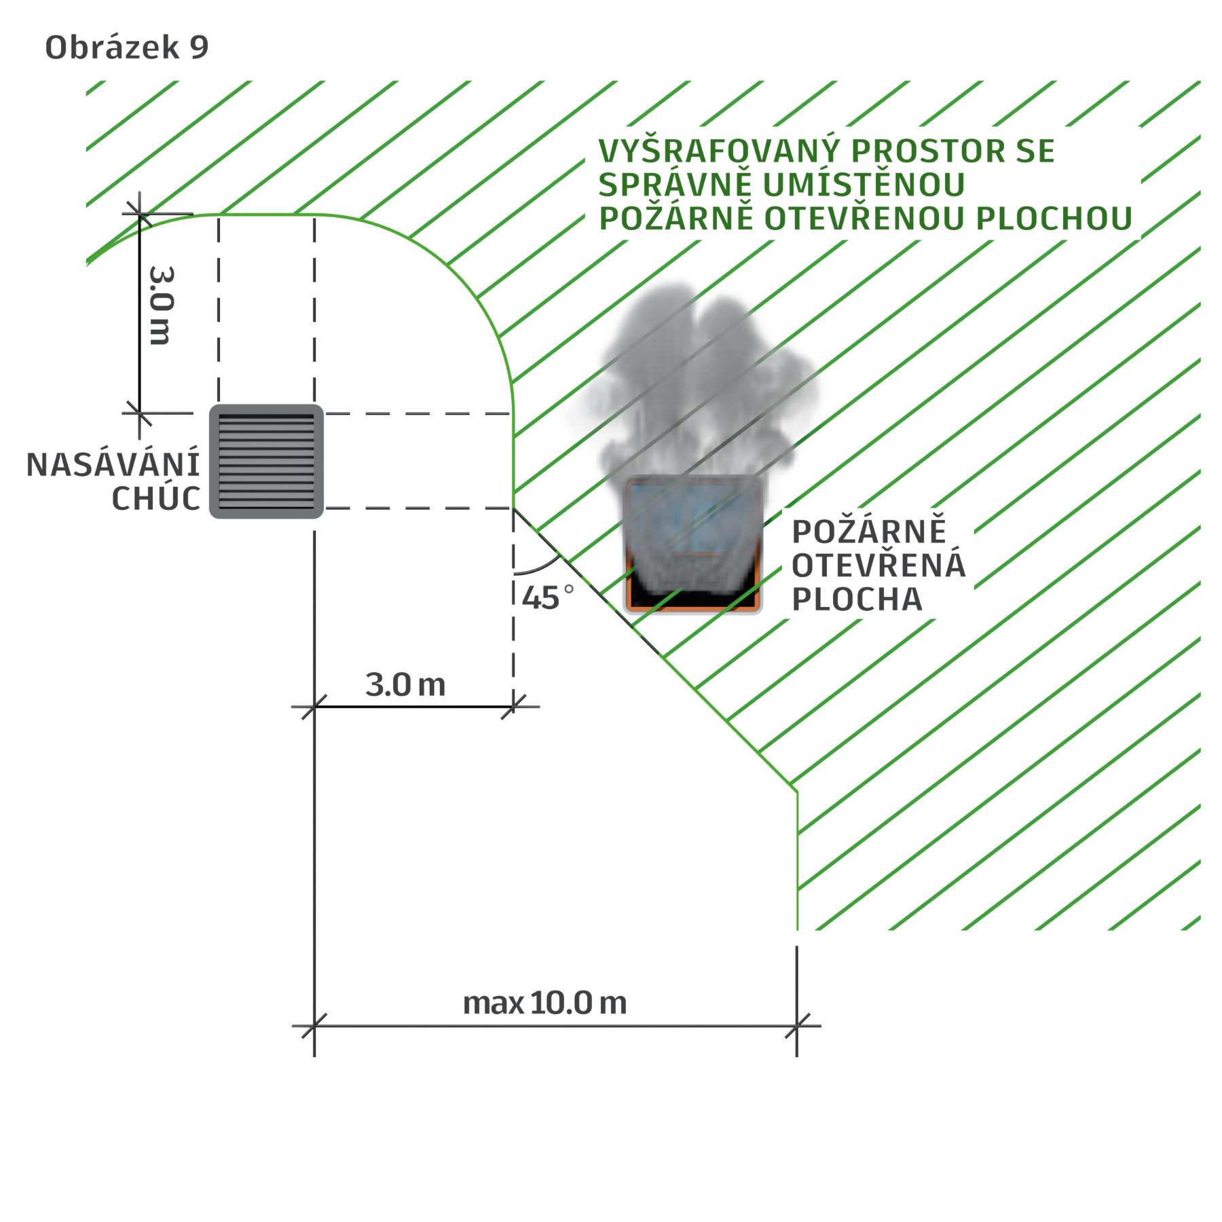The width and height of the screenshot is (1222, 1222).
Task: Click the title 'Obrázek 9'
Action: tap(127, 48)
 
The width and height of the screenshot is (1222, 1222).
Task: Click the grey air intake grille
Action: tap(266, 462)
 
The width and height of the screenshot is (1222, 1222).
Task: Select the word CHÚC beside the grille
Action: tap(156, 499)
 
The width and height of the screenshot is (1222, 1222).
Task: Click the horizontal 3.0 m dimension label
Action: tap(405, 685)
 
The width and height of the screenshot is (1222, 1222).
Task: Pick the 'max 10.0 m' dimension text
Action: tap(544, 1003)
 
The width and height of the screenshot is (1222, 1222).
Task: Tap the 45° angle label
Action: tap(548, 597)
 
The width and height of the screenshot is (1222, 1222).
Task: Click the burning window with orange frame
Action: tap(692, 544)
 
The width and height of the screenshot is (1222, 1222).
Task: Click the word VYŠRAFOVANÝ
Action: tap(719, 151)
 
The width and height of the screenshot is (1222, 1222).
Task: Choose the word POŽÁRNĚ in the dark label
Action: tap(869, 532)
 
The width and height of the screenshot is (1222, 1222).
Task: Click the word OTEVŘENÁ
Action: tap(878, 565)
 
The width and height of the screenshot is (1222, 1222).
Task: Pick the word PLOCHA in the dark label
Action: tap(857, 599)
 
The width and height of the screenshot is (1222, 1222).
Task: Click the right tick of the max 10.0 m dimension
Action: tap(797, 1026)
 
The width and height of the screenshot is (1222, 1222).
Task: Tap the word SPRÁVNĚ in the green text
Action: tap(675, 185)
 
